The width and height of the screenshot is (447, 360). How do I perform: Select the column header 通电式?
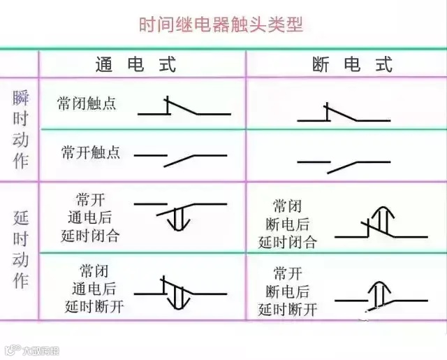coord(135,65)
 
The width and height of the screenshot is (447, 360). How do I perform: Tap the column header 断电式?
coord(353,65)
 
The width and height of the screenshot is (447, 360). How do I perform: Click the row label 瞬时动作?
coord(20,129)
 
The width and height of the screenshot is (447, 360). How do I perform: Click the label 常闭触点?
coord(87,103)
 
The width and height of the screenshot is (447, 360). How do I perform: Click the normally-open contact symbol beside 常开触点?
coord(180,157)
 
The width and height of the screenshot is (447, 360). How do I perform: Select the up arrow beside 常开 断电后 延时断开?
coord(379,291)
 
